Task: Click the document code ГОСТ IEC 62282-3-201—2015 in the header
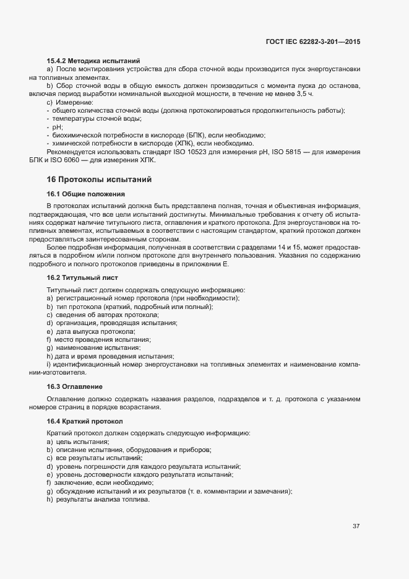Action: [x=312, y=41]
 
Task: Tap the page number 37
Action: [x=356, y=526]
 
